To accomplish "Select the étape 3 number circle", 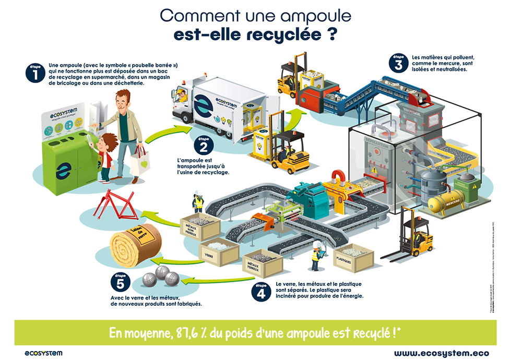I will coord(398,63).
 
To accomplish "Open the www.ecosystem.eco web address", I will coord(441,353).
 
